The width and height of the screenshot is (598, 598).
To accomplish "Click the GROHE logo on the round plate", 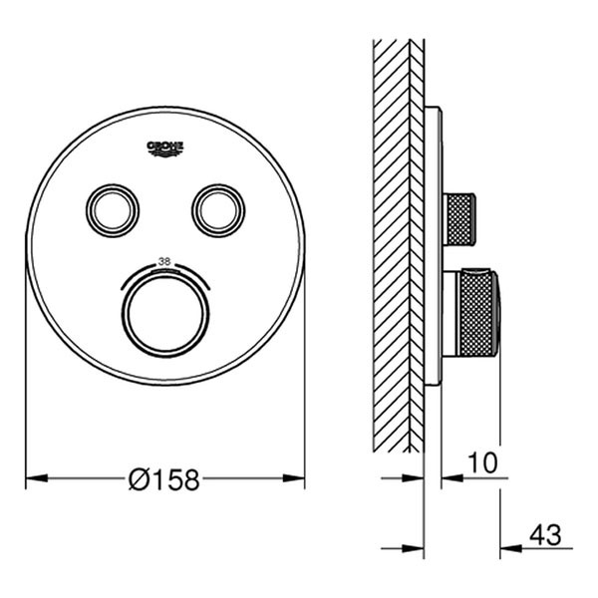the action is point(165,149).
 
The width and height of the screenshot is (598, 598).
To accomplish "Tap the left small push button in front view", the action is point(113,210).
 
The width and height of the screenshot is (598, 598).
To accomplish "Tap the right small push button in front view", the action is point(218,210).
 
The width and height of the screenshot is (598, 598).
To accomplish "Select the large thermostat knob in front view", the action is point(165,314).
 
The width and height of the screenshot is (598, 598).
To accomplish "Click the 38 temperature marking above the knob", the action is point(164,261).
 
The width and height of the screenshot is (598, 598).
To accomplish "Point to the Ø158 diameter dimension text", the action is point(164,479).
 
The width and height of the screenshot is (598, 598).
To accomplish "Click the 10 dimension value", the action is point(482,462).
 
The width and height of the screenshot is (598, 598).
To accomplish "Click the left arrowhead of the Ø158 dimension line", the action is point(37,477).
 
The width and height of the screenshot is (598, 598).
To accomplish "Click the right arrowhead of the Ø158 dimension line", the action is point(294,477).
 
